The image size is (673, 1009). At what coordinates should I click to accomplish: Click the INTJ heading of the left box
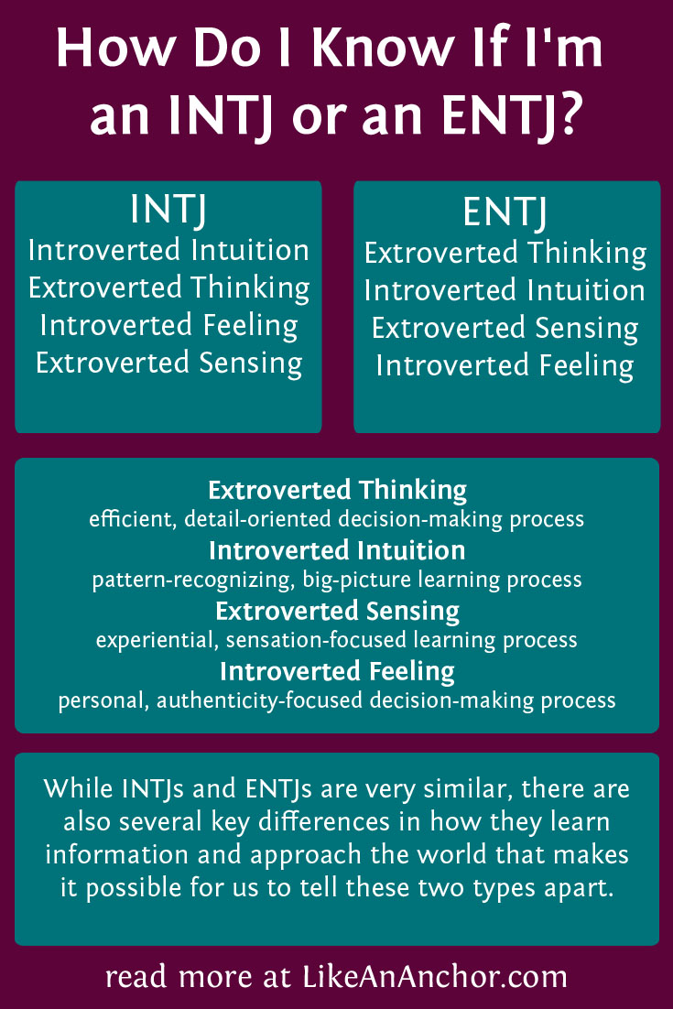pyautogui.click(x=168, y=211)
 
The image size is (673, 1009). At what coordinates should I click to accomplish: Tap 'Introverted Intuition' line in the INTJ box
pyautogui.click(x=168, y=250)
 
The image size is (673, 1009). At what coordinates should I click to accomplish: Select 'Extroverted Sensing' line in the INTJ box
pyautogui.click(x=168, y=363)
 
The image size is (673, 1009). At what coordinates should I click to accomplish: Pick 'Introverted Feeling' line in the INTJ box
pyautogui.click(x=168, y=325)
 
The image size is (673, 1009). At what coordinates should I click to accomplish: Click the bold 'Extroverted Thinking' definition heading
pyautogui.click(x=337, y=490)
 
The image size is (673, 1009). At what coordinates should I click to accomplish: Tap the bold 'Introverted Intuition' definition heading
pyautogui.click(x=337, y=550)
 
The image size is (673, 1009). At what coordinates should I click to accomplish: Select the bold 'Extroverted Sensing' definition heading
pyautogui.click(x=337, y=611)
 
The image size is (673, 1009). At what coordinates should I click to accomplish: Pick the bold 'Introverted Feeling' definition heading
pyautogui.click(x=337, y=671)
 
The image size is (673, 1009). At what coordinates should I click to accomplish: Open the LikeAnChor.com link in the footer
pyautogui.click(x=435, y=977)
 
